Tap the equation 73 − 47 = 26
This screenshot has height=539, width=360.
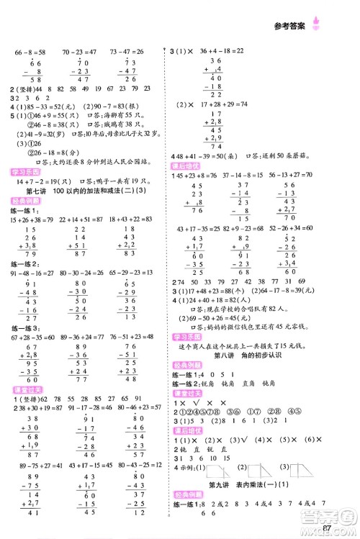[127, 52]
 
